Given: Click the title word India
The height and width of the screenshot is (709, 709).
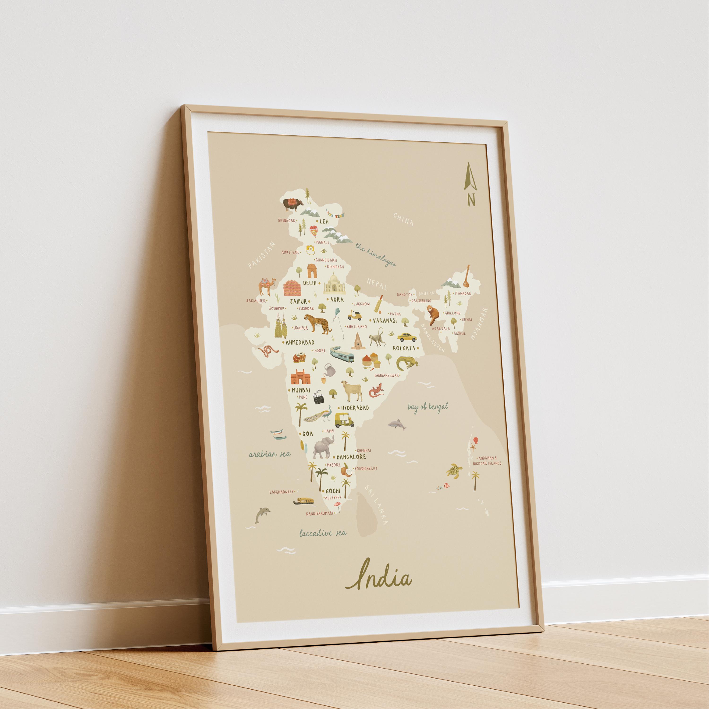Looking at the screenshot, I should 378,579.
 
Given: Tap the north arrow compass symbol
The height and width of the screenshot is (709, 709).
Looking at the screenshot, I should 470,183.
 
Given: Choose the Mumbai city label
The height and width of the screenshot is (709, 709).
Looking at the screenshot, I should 301,390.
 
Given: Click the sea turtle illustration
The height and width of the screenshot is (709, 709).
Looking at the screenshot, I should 454,471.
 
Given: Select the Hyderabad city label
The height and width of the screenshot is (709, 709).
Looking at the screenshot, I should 355,408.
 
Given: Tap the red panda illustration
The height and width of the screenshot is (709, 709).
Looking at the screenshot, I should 433,315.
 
